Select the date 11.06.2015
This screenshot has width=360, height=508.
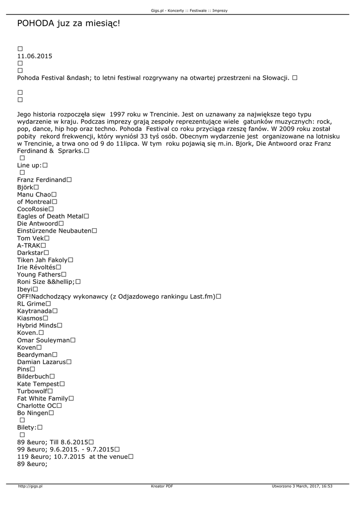[x=34, y=56]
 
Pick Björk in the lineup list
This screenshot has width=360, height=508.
[x=25, y=187]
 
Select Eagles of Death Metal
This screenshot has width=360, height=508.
[x=50, y=216]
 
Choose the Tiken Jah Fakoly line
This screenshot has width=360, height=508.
[x=42, y=260]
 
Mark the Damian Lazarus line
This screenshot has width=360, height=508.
[x=42, y=362]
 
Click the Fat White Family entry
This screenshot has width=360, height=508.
[x=43, y=398]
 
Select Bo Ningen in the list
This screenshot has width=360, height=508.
[x=33, y=413]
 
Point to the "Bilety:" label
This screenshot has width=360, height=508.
[x=27, y=427]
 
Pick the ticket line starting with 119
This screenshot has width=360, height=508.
[x=72, y=456]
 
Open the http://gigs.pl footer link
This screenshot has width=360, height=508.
[x=30, y=487]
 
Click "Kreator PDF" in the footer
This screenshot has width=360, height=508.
[x=162, y=487]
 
